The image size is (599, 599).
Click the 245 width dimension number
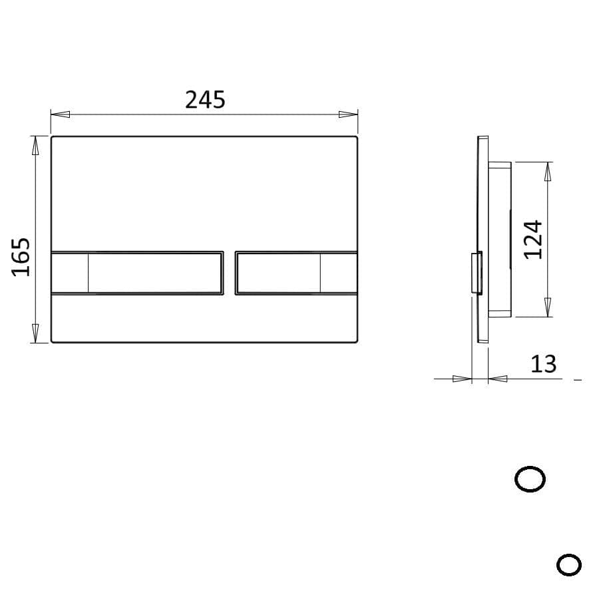pyautogui.click(x=205, y=100)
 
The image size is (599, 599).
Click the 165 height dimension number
pyautogui.click(x=21, y=256)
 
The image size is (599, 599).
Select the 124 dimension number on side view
pyautogui.click(x=533, y=240)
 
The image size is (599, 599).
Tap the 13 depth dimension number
pyautogui.click(x=543, y=364)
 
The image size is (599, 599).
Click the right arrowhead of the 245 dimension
pyautogui.click(x=348, y=114)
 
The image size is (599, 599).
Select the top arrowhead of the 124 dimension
pyautogui.click(x=548, y=172)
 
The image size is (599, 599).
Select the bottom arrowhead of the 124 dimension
pyautogui.click(x=548, y=307)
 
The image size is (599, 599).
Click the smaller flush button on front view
pyautogui.click(x=278, y=272)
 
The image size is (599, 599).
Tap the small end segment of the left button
pyautogui.click(x=70, y=272)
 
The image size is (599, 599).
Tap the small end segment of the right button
pyautogui.click(x=338, y=272)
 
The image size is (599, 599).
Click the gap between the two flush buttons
pyautogui.click(x=229, y=272)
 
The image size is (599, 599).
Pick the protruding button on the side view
pyautogui.click(x=477, y=273)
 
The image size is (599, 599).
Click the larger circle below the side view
pyautogui.click(x=530, y=479)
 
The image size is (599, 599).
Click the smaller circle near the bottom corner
pyautogui.click(x=568, y=565)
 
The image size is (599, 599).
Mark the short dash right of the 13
pyautogui.click(x=577, y=379)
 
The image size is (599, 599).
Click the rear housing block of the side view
pyautogui.click(x=500, y=240)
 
